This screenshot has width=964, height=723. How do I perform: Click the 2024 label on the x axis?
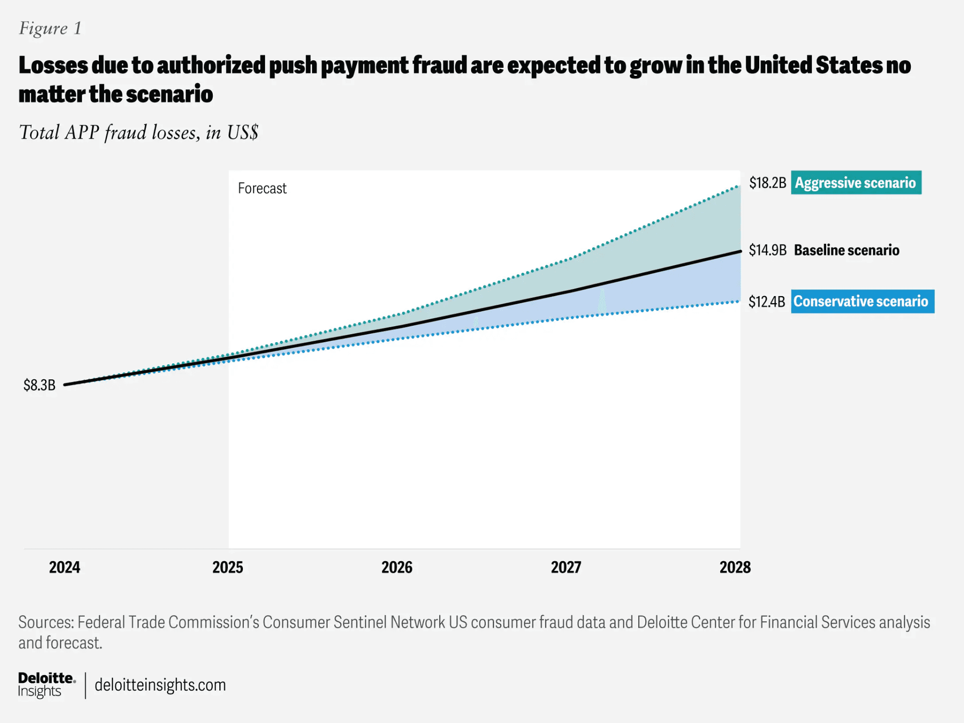(x=64, y=567)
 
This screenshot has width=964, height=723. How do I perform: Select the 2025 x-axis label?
(x=228, y=567)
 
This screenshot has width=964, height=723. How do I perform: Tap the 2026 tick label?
(x=397, y=567)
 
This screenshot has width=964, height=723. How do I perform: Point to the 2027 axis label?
(x=566, y=567)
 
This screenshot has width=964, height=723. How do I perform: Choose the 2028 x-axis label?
(x=735, y=567)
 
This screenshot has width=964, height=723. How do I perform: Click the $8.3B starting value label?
(x=40, y=385)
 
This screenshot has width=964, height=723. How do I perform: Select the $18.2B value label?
(x=768, y=183)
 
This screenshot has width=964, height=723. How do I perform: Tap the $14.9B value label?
(x=768, y=250)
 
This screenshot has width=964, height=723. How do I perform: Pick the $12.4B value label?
(x=767, y=301)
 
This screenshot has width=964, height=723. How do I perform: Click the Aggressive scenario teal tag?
(x=856, y=183)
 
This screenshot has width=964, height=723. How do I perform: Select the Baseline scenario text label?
(x=847, y=250)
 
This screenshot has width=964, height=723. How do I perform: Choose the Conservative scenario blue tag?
(x=863, y=301)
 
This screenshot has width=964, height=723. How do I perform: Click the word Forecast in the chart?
(x=262, y=188)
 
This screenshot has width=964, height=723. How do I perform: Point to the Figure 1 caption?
(x=50, y=29)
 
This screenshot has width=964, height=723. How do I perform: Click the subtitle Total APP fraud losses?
(x=138, y=132)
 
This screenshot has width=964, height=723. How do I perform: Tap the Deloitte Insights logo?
(x=47, y=685)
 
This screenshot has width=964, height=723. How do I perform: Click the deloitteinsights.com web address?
(x=160, y=685)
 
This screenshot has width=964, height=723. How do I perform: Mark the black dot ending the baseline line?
(x=739, y=251)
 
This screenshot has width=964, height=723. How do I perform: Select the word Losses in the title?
(x=53, y=65)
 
